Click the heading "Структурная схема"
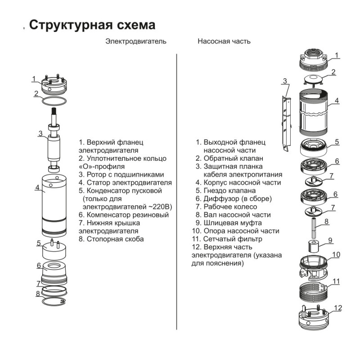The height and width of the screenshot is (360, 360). (x=92, y=25)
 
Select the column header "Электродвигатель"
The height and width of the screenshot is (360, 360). (x=136, y=41)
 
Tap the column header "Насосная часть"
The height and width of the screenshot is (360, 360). (x=224, y=41)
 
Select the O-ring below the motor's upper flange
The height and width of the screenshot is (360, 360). (x=54, y=100)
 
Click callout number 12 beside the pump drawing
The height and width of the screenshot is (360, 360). (x=338, y=308)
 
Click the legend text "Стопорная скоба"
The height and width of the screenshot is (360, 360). (x=115, y=239)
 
